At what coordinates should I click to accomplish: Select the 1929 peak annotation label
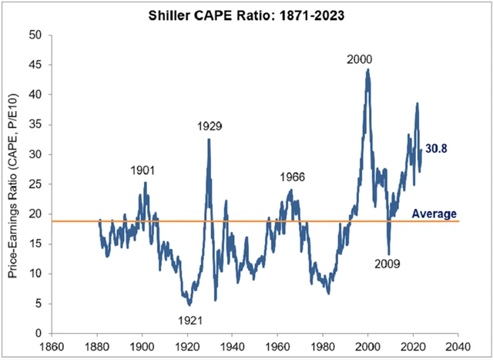pos(209,126)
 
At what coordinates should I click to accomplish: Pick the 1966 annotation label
pos(291,177)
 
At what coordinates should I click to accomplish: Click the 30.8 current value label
pos(438,149)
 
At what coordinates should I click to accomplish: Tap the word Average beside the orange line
pos(436,214)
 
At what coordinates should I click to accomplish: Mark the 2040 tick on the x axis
pos(458,346)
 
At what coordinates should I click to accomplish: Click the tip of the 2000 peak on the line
pos(368,69)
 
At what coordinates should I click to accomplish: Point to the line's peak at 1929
pos(209,140)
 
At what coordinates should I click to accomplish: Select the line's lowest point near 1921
pos(189,305)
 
